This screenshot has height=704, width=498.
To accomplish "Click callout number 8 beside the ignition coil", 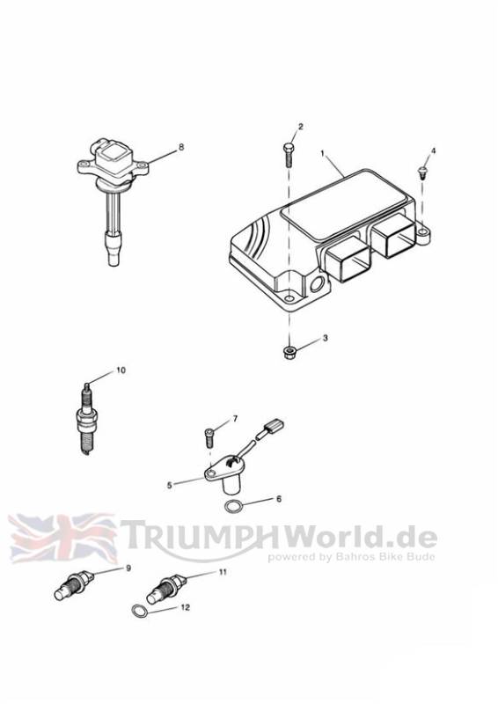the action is click(181, 147).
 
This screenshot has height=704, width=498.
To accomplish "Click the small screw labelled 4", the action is click(422, 172).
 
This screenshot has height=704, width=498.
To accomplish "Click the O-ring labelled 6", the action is click(233, 507).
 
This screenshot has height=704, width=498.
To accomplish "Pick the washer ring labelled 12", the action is click(139, 611).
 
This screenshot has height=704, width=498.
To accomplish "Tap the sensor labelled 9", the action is click(74, 585).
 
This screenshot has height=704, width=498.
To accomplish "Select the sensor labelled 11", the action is click(166, 590).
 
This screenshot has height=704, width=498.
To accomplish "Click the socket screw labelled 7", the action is click(209, 437).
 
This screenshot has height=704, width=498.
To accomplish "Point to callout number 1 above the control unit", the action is click(322, 153).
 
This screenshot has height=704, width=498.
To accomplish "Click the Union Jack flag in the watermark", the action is click(62, 539).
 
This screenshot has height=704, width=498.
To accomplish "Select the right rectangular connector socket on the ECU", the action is click(395, 235).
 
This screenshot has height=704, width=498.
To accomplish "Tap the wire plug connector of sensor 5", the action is click(274, 426).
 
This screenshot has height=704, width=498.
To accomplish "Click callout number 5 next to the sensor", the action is click(169, 486).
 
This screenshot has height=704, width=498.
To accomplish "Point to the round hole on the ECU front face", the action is click(317, 283).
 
